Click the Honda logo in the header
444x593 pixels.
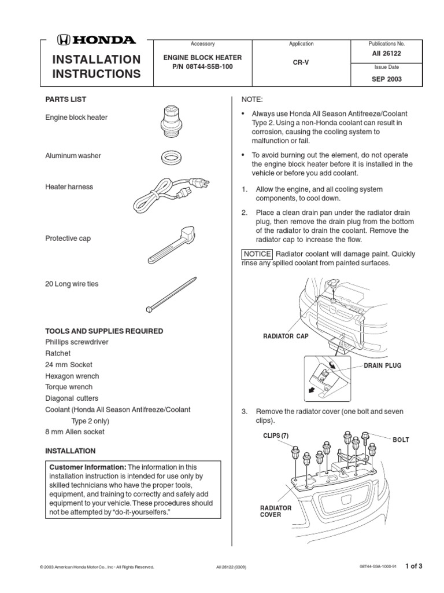pos(96,40)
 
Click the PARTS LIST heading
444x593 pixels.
pos(66,100)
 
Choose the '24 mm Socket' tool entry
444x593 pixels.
pos(69,365)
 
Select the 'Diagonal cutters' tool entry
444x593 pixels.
pos(72,398)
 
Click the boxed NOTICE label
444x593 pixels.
pos(256,254)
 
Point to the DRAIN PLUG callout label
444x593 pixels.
pos(382,366)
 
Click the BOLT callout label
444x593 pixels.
pos(401,440)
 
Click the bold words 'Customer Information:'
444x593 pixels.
pos(87,467)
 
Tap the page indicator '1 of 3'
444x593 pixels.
pos(415,566)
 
